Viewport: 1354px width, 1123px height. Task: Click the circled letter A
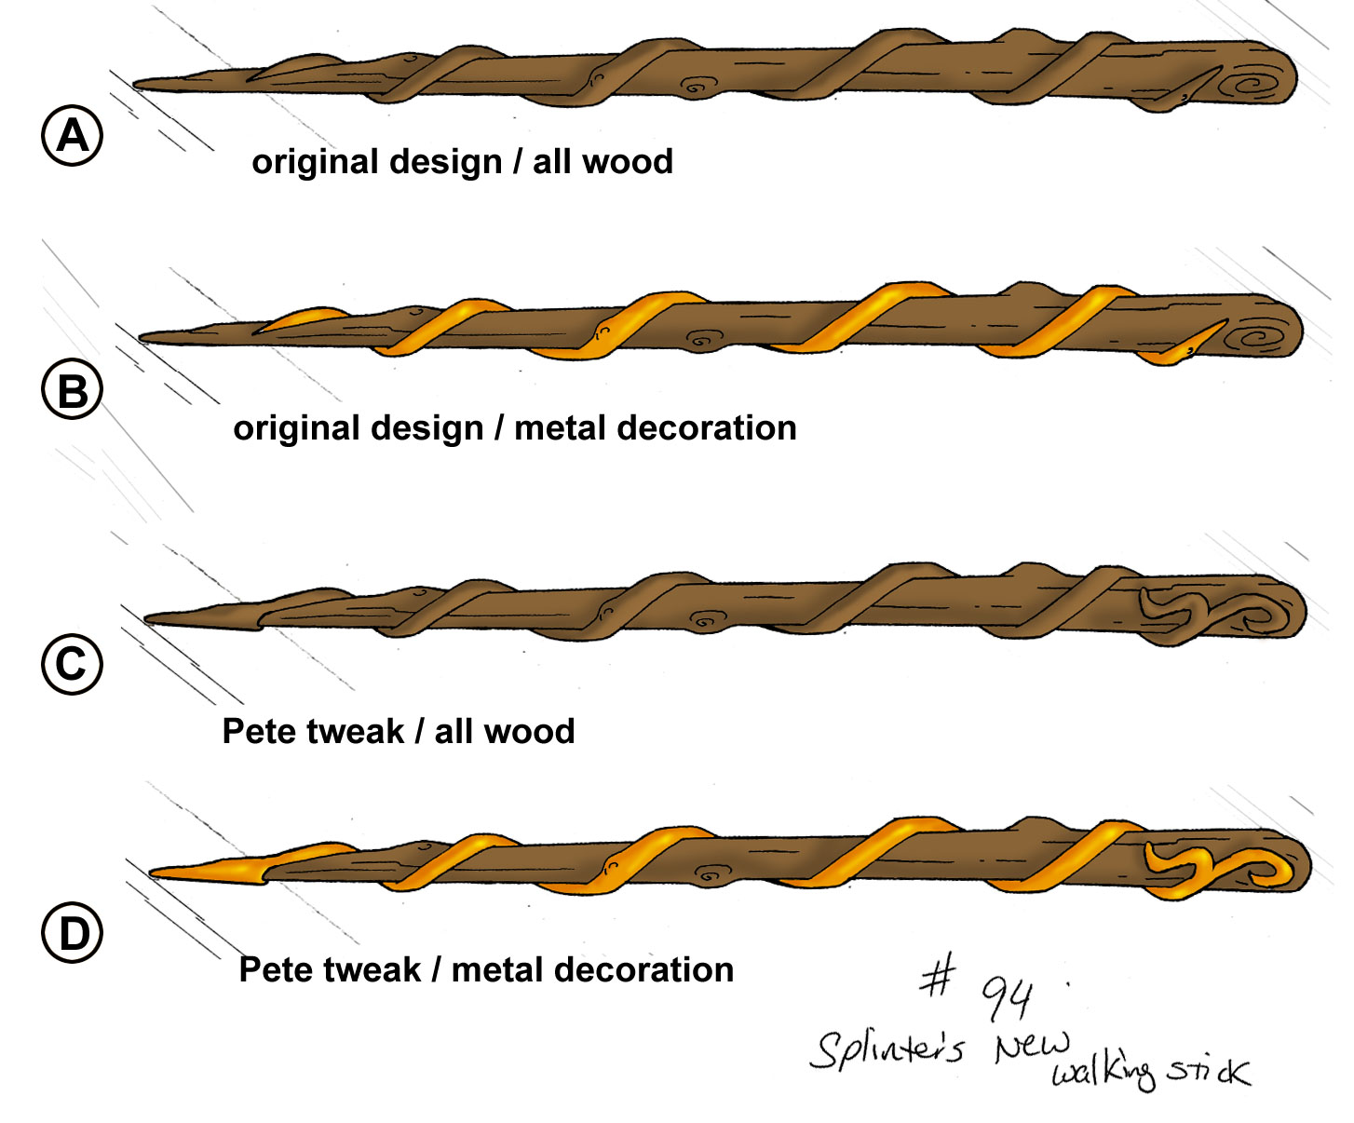[x=72, y=136]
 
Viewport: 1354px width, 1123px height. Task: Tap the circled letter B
[x=72, y=391]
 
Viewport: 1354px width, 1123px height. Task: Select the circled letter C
[x=72, y=665]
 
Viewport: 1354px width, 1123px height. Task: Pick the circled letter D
[x=72, y=934]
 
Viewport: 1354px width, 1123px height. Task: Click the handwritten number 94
[x=1008, y=998]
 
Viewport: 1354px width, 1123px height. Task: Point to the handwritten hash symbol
[x=938, y=978]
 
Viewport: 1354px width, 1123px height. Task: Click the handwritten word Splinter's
[x=887, y=1049]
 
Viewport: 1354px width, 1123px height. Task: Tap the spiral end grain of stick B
[x=1260, y=335]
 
